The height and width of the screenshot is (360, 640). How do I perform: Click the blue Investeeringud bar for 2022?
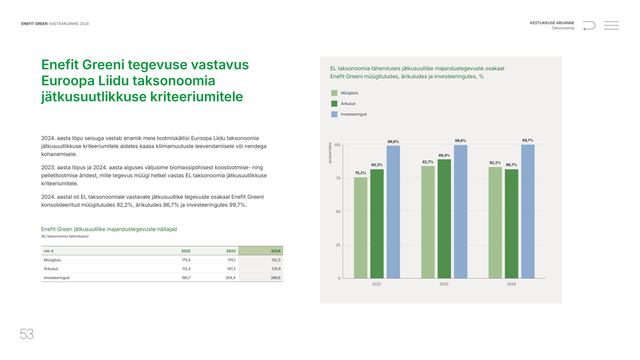point(393,212)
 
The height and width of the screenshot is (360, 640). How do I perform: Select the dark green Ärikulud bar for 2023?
point(444,219)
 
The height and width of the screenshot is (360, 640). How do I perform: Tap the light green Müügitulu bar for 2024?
point(495,223)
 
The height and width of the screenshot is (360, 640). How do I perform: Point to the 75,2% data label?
point(360,173)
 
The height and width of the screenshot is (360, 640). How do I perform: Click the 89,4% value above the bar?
point(444,155)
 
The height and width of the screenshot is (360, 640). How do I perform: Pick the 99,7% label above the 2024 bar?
point(528,140)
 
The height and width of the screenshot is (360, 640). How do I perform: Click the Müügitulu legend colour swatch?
point(334,93)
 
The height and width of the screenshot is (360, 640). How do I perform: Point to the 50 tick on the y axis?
point(338,212)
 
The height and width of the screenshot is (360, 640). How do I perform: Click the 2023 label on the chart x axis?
point(444,284)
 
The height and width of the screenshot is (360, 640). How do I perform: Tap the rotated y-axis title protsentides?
point(330,153)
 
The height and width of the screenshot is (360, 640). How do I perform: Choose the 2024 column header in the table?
point(276,251)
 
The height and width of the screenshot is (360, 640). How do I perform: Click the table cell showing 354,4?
point(230,278)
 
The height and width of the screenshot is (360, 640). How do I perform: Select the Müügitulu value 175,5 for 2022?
point(186,260)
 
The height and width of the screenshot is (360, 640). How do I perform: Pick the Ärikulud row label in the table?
point(51,269)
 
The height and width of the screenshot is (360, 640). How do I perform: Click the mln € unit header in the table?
point(49,251)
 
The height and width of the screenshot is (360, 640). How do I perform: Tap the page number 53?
point(27,334)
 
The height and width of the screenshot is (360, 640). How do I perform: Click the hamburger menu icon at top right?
point(611,25)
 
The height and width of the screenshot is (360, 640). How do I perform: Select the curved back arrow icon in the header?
point(589,26)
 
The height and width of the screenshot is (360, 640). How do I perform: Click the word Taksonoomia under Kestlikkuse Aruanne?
point(563,28)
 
